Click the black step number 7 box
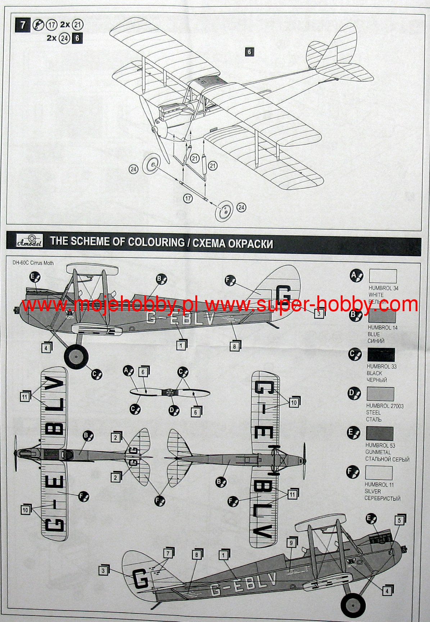click(x=23, y=25)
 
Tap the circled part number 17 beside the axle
click(x=188, y=198)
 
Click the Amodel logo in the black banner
click(x=30, y=241)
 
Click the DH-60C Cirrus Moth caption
click(x=33, y=263)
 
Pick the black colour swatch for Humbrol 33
click(x=381, y=355)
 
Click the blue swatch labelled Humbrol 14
click(x=382, y=316)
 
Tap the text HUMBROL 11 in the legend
click(x=379, y=485)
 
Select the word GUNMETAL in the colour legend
click(x=378, y=452)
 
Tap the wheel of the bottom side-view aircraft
click(x=353, y=605)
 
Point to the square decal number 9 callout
click(x=291, y=543)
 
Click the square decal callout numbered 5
click(x=399, y=521)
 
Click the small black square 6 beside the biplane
click(x=249, y=52)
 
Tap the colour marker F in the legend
click(x=353, y=472)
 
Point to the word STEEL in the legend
click(x=373, y=413)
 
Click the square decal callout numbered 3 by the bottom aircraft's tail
click(x=103, y=571)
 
